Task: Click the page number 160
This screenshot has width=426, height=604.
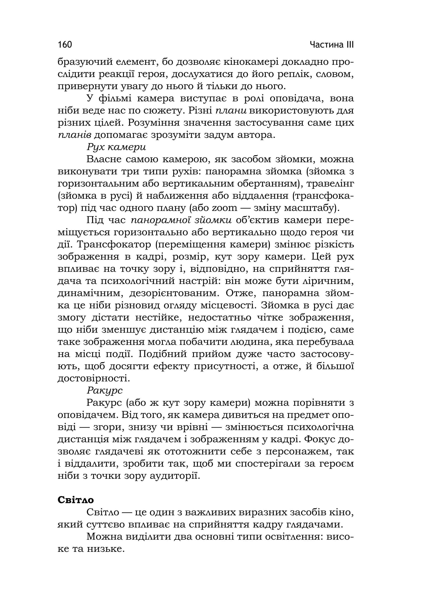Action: (65, 45)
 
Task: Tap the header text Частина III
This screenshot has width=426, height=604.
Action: (332, 45)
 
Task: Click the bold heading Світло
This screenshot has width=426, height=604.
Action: (76, 500)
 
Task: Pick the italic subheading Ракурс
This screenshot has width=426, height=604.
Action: (105, 390)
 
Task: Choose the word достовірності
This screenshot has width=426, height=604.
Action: (93, 378)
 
